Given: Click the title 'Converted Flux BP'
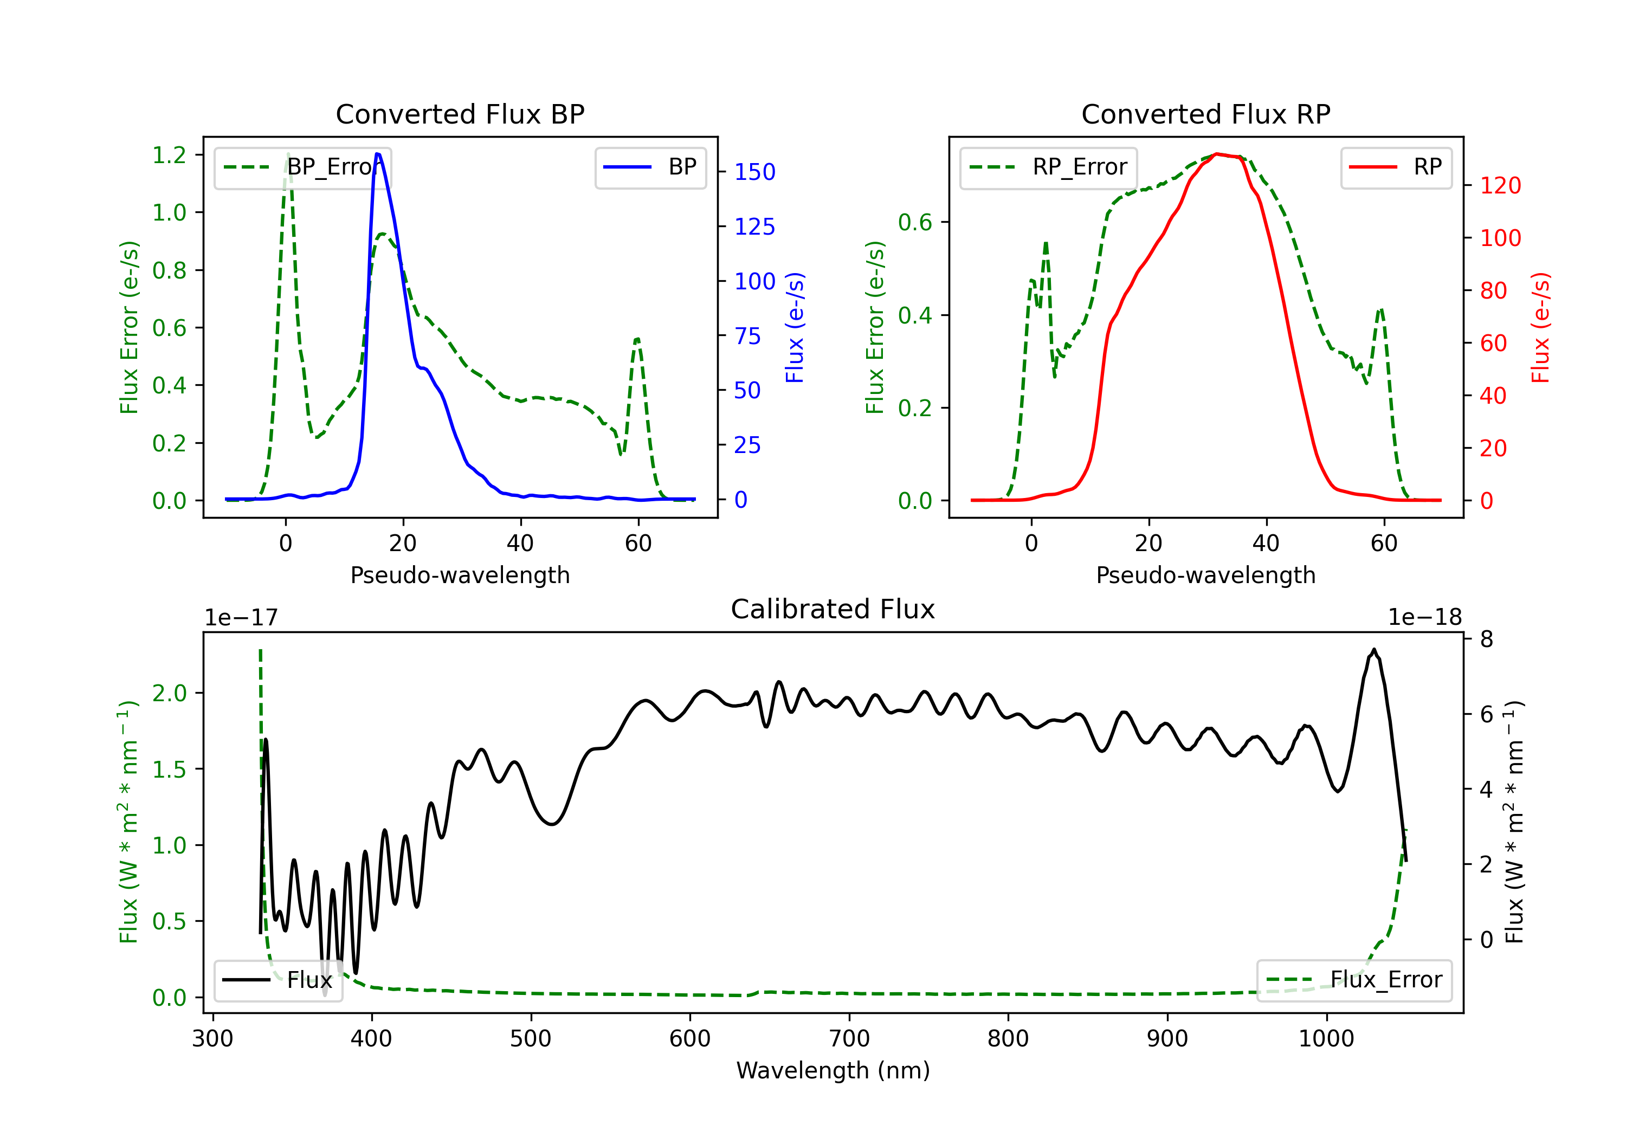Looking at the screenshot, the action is tap(460, 114).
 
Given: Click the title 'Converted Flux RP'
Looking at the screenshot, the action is tap(1205, 114).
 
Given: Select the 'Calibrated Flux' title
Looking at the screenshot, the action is tap(833, 609).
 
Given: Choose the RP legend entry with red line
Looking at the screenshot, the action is tap(1396, 167).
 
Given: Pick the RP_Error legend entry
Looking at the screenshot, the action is tap(1048, 167).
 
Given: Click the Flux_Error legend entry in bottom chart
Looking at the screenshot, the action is tap(1354, 980).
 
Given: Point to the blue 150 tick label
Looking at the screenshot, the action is tap(754, 172).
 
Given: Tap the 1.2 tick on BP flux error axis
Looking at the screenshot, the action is tap(169, 155).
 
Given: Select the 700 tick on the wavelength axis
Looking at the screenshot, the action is tap(849, 1038).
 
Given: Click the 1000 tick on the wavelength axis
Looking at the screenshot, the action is tap(1326, 1038).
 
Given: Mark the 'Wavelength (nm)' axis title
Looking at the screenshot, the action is tap(833, 1070).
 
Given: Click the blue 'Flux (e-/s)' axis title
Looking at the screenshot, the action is tap(795, 327).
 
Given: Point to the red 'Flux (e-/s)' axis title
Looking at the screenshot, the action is tap(1540, 327).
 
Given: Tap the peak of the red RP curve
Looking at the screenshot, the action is tap(1217, 154).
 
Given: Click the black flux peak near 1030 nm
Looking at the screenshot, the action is tap(1374, 649).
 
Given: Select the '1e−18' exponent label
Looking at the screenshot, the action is tap(1425, 618).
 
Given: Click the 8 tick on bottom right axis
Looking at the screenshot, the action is tap(1487, 639).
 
